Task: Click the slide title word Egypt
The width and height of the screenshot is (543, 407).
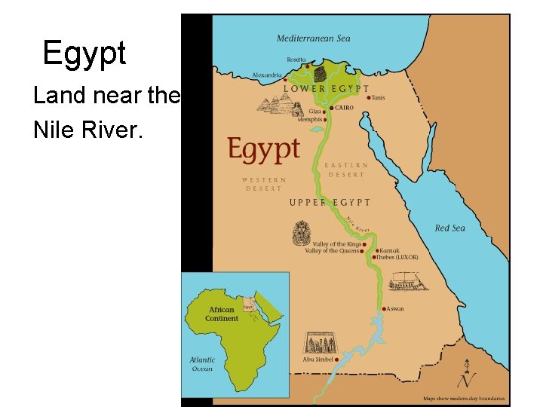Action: (x=84, y=54)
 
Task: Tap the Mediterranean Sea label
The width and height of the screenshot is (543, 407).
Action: (x=313, y=38)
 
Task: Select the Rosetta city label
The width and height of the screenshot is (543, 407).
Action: (x=297, y=60)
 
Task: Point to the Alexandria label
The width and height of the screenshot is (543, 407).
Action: (x=267, y=75)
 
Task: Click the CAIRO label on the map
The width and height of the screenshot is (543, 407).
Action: (x=344, y=108)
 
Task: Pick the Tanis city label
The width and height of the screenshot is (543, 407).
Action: (x=379, y=97)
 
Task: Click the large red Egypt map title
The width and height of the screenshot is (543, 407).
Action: (x=264, y=150)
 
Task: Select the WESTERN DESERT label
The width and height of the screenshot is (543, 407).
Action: (x=264, y=184)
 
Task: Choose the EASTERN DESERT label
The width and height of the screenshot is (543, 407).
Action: (x=346, y=170)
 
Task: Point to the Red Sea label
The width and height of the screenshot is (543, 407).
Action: (x=449, y=228)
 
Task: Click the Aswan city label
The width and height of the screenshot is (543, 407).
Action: (x=396, y=309)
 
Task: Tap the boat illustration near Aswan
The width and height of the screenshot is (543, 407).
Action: (x=408, y=283)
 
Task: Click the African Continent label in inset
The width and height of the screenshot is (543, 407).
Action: (x=221, y=314)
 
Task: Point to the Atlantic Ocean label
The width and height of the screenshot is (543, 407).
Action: (x=202, y=364)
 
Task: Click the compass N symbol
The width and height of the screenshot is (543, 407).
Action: (x=470, y=378)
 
